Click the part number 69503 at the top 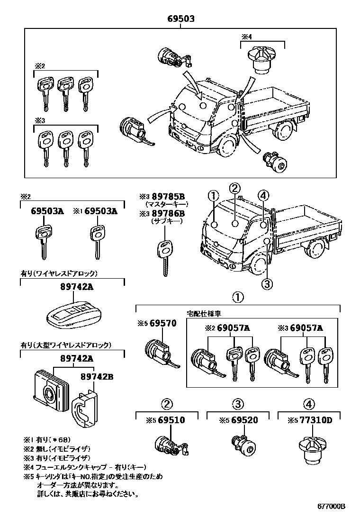tap(180, 18)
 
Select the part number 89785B tap(167, 196)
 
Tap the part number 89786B tap(167, 213)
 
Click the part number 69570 tap(163, 324)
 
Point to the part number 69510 tap(171, 420)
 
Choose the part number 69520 tap(244, 420)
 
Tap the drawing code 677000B tap(331, 506)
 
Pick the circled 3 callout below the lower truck tap(267, 284)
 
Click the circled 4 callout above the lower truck tap(264, 195)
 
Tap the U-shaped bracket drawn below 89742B tap(85, 406)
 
